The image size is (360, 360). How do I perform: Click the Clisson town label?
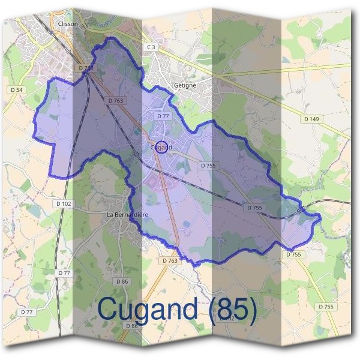point(70,24)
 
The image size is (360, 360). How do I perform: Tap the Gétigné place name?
point(185,86)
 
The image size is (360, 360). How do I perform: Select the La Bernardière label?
point(127,214)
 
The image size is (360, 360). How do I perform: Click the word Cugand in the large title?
point(148,310)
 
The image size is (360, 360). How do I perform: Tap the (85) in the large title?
point(230,310)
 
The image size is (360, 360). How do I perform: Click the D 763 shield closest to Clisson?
point(86,68)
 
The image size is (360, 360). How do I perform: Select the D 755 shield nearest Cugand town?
point(208,165)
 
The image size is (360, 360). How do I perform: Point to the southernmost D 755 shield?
point(326,307)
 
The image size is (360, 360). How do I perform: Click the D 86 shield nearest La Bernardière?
point(121,281)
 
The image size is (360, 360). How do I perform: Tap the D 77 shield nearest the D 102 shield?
point(64,273)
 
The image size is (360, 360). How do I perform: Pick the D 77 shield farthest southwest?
point(26,312)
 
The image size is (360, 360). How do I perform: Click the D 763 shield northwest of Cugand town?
point(116,101)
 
